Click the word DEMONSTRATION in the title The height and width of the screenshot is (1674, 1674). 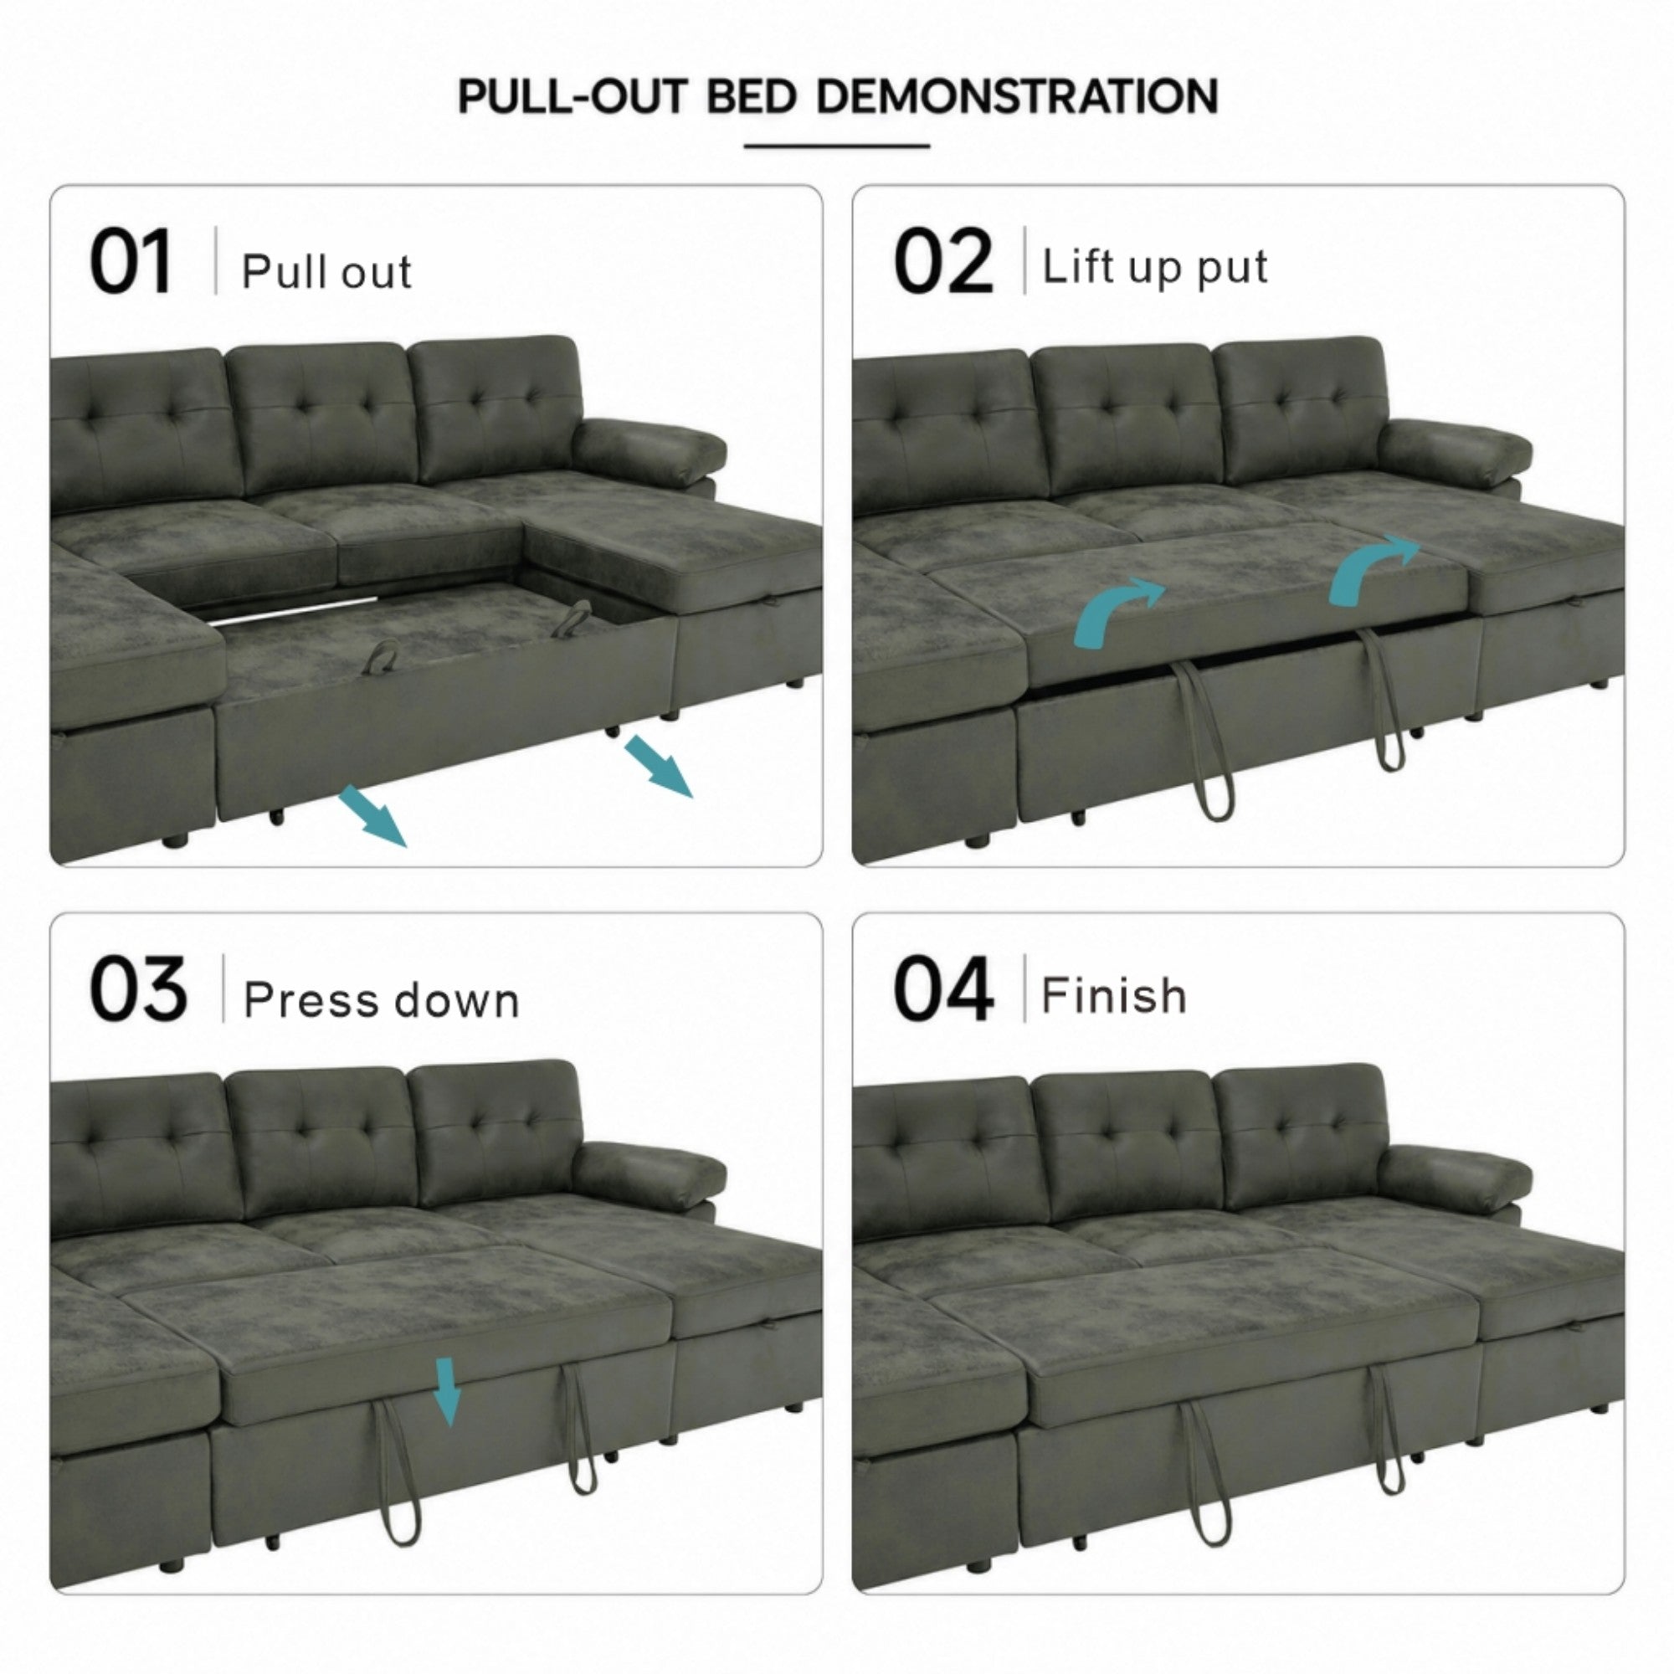coord(1016,96)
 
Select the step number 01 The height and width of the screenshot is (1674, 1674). coord(131,261)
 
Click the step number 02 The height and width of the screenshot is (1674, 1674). coord(942,261)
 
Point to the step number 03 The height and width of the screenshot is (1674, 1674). coord(138,988)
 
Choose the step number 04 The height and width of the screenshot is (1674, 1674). coord(943,988)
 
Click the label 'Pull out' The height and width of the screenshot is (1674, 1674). coord(326,271)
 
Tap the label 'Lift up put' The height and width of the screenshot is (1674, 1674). coord(1155,267)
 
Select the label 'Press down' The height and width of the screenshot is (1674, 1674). coord(381,1000)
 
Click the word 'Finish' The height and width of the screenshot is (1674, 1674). coord(1114,994)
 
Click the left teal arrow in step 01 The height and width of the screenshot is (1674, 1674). coord(372,815)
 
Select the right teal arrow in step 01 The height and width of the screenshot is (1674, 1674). coord(660,766)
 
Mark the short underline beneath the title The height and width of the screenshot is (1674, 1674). coord(837,146)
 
